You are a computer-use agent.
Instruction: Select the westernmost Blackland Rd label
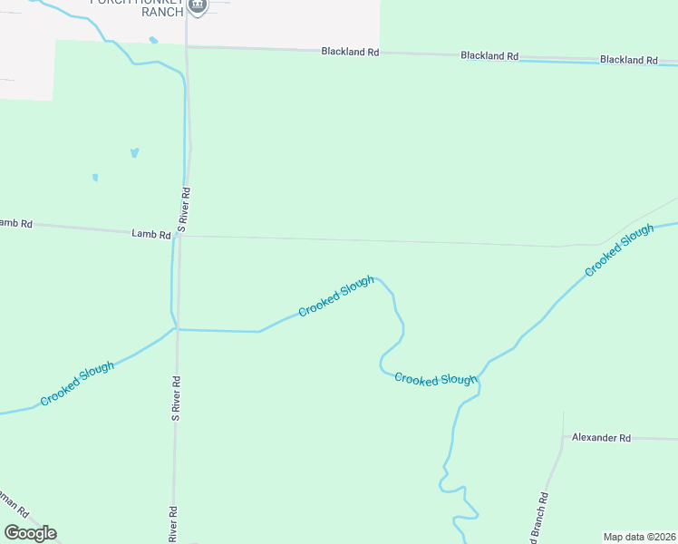[350, 52]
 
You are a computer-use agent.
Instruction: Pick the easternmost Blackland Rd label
[628, 60]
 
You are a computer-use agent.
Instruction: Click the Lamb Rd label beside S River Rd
[150, 234]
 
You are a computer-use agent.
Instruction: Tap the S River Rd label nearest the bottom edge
[172, 524]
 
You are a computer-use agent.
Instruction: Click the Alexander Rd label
[600, 438]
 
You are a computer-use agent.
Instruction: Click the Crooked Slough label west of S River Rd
[77, 384]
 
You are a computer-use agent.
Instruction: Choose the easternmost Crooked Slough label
[619, 251]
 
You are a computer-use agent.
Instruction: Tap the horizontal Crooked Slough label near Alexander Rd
[435, 380]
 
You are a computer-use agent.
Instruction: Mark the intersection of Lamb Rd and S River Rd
[180, 236]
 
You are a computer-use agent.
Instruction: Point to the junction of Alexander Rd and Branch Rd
[563, 437]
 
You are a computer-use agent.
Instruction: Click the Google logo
[30, 533]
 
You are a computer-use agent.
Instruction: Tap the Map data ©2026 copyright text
[639, 537]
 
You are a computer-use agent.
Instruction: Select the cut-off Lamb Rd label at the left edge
[15, 223]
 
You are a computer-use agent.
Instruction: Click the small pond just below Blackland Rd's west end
[153, 41]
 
